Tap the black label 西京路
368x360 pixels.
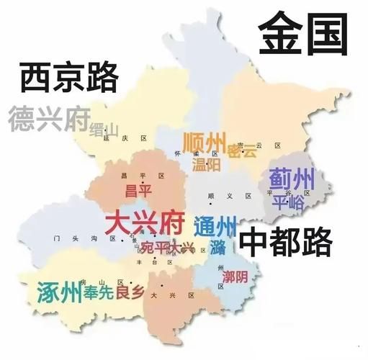point(68,77)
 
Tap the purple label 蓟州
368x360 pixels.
point(292,178)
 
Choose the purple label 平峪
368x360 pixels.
point(289,202)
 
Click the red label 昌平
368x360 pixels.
point(138,190)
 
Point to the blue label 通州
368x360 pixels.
point(215,228)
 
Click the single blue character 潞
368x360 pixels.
point(218,249)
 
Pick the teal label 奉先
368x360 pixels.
point(98,293)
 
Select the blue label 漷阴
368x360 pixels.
point(235,276)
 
